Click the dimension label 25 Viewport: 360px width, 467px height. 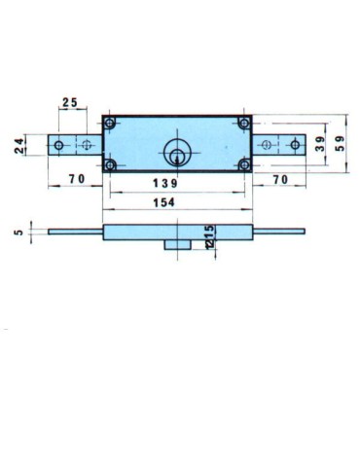coord(70,102)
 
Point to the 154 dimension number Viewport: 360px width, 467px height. coord(176,203)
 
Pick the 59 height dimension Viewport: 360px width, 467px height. coord(341,144)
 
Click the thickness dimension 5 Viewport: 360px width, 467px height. coord(18,232)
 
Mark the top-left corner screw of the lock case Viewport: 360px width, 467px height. coord(110,124)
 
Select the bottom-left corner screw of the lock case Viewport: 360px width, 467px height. coord(110,164)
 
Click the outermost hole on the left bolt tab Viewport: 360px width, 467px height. coord(59,145)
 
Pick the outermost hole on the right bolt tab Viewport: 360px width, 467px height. coord(295,145)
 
